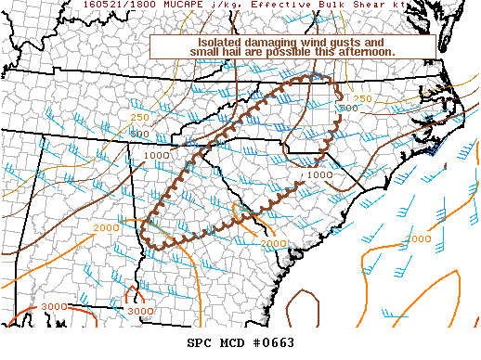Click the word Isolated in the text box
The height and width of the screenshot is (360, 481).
[225, 43]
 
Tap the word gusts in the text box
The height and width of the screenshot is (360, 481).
[361, 43]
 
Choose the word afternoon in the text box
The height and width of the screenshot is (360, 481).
[365, 53]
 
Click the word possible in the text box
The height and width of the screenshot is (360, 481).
[308, 53]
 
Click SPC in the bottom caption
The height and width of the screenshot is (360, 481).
[201, 343]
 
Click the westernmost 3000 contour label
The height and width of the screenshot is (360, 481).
[55, 306]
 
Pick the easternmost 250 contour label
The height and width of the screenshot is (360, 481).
[363, 98]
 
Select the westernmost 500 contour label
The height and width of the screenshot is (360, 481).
[139, 135]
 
